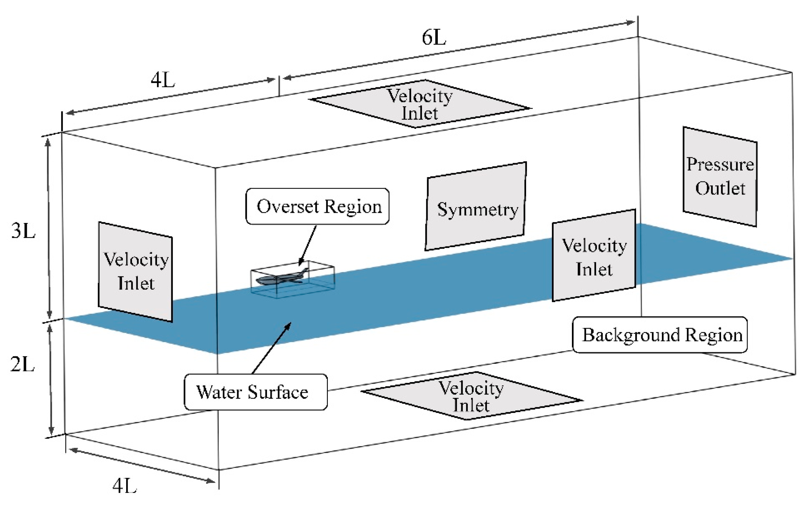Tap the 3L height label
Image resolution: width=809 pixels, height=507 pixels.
click(23, 231)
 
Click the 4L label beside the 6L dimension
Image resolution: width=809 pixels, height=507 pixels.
click(163, 80)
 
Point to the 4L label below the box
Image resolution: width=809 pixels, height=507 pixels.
click(124, 486)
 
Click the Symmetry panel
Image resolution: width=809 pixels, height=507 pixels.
click(476, 206)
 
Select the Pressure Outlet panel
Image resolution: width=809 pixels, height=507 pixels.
click(720, 177)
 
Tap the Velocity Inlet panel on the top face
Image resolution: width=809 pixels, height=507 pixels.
click(420, 104)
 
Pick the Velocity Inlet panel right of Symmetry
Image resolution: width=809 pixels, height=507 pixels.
click(594, 255)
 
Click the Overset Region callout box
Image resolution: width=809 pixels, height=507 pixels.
click(317, 206)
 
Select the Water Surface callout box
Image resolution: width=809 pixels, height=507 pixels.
click(256, 392)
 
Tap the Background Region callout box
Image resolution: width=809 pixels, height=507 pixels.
click(660, 335)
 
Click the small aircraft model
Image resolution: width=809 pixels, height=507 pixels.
click(282, 277)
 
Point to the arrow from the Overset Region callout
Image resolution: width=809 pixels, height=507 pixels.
click(308, 246)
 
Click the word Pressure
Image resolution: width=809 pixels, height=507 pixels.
click(720, 164)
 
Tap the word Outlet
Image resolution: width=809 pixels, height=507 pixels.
click(720, 188)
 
